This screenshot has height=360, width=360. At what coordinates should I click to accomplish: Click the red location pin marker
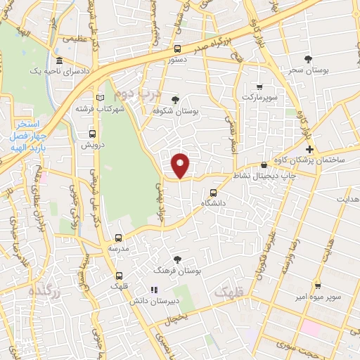pyautogui.click(x=181, y=165)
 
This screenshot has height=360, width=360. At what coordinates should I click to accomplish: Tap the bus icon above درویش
pyautogui.click(x=92, y=132)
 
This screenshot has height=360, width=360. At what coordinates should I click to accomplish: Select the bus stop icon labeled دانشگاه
pyautogui.click(x=213, y=192)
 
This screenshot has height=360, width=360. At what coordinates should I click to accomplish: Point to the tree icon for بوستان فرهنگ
pyautogui.click(x=176, y=259)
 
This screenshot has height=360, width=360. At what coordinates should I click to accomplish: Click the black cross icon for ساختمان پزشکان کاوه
pyautogui.click(x=309, y=148)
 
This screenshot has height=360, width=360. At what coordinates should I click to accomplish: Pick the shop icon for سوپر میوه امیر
pyautogui.click(x=319, y=286)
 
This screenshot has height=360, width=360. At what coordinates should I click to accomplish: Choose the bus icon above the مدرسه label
pyautogui.click(x=119, y=238)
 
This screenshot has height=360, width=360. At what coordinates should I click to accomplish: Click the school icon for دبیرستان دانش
pyautogui.click(x=152, y=289)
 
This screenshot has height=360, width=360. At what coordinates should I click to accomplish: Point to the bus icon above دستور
pyautogui.click(x=176, y=49)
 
